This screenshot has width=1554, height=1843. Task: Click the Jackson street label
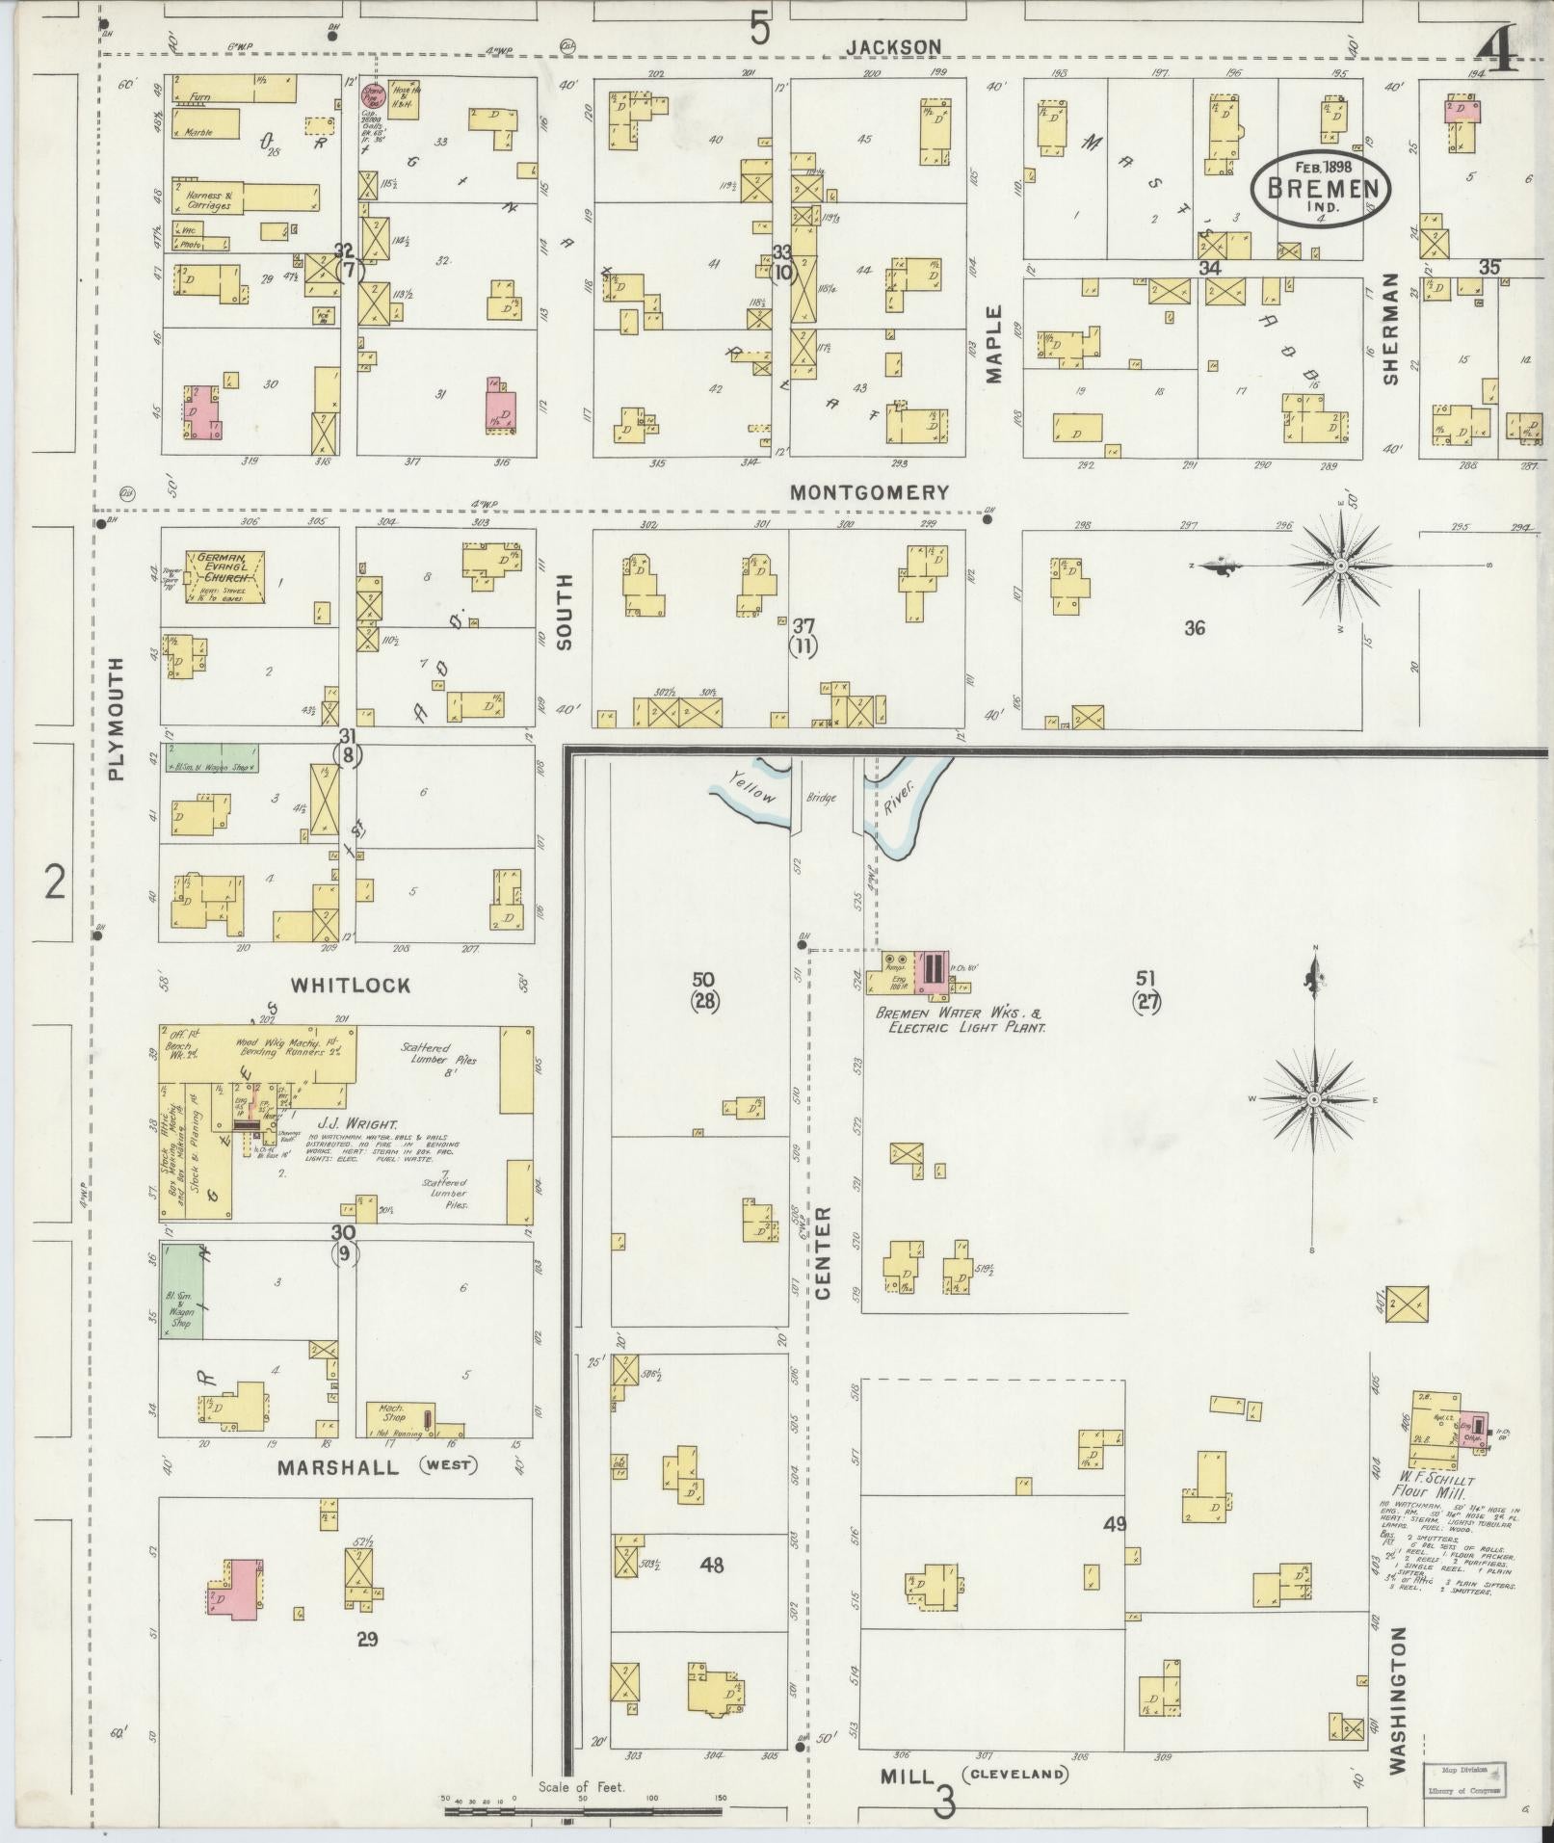click(x=893, y=46)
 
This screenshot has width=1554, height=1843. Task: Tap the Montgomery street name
click(x=869, y=492)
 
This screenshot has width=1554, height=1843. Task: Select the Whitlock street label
click(x=351, y=986)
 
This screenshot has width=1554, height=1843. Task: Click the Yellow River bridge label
click(x=822, y=798)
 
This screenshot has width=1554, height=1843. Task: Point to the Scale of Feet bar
click(x=583, y=1811)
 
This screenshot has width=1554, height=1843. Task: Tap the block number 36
click(x=1195, y=628)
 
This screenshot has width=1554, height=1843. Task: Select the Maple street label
click(x=994, y=344)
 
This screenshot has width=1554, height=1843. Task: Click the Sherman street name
click(x=1389, y=329)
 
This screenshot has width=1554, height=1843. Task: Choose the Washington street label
click(x=1399, y=1699)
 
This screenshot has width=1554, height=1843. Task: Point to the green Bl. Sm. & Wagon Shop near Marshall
click(x=181, y=1291)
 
